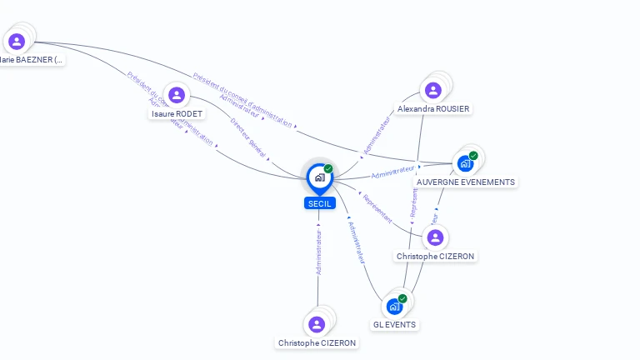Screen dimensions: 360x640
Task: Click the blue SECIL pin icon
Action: pos(318,177)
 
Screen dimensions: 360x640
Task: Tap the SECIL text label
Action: pos(320,203)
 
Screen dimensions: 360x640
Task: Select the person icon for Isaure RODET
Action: pos(177,95)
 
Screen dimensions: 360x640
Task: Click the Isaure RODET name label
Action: pos(177,114)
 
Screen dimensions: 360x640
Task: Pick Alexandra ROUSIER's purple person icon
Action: pos(432,90)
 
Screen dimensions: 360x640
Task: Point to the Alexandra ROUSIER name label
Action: pos(433,109)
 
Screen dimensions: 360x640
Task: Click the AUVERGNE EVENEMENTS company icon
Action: pos(465,163)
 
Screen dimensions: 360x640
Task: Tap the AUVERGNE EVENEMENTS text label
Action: pos(466,182)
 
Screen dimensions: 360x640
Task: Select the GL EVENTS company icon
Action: pos(395,306)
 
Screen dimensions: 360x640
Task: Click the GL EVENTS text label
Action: pos(395,325)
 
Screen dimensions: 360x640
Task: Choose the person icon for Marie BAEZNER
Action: pos(17,41)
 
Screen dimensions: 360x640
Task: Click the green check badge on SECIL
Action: pos(328,169)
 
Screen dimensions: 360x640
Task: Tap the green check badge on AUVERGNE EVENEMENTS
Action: pos(473,156)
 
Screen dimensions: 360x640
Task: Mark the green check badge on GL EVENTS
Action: pos(402,298)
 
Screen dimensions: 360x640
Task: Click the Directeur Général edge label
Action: pos(248,137)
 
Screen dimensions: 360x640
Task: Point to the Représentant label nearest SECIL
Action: pos(377,209)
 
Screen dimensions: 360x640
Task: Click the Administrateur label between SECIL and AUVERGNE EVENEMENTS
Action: pos(393,172)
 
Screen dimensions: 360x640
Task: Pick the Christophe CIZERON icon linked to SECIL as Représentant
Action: pos(434,237)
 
